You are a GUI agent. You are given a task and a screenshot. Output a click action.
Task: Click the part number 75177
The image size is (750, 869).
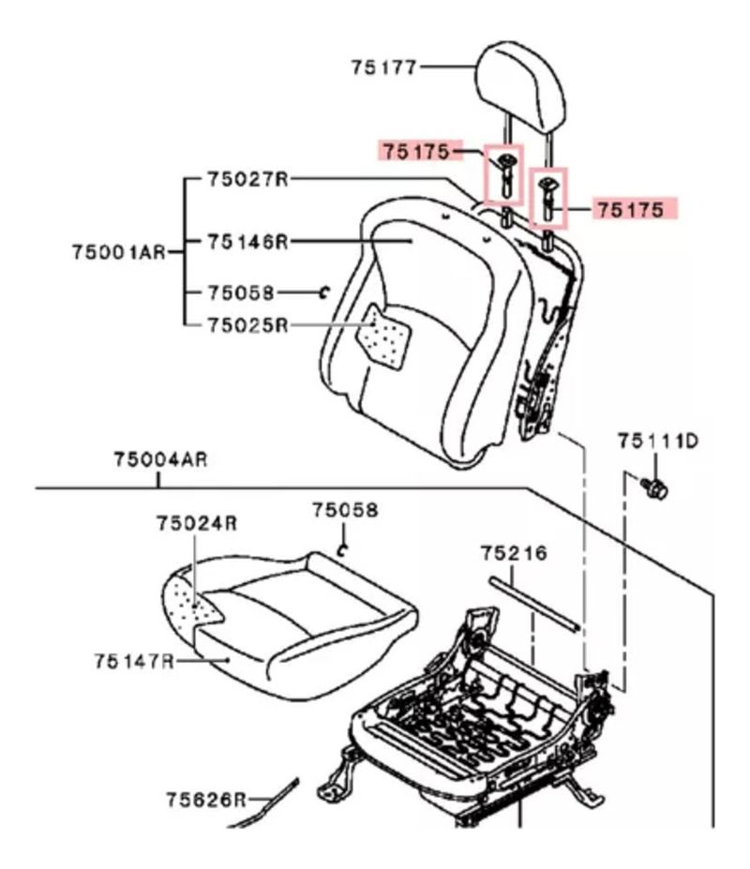pos(384,67)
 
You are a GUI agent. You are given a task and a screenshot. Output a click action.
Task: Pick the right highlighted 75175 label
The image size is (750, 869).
pos(632,209)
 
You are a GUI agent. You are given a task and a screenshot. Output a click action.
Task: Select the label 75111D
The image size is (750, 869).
pos(657,441)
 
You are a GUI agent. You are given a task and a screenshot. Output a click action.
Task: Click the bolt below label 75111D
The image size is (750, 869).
pos(653,486)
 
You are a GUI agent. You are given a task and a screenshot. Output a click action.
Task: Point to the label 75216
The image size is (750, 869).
pos(513,553)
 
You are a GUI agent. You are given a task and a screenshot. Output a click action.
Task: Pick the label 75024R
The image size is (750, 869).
pos(196,523)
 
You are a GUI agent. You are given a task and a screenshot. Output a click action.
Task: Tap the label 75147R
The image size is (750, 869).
pos(134,662)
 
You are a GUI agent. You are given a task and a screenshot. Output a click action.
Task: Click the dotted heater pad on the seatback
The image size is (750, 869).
pos(387,336)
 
